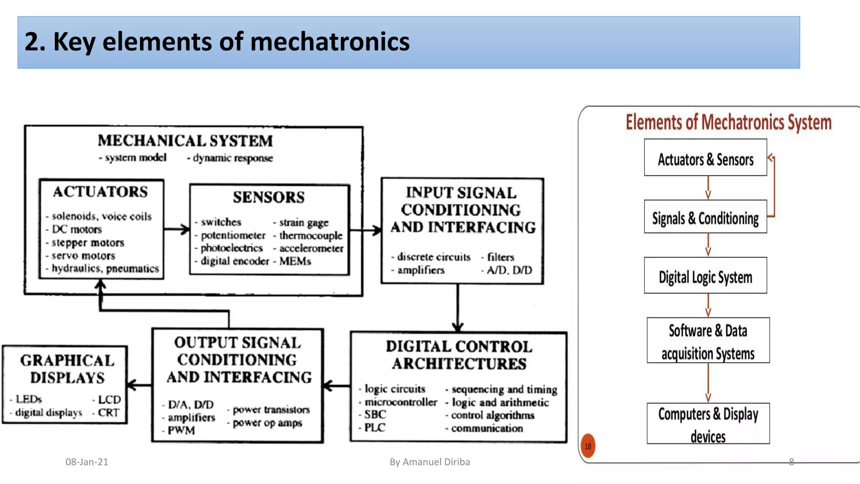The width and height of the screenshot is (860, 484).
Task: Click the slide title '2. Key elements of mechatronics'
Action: pos(217,42)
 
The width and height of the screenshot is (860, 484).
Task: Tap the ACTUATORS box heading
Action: pos(100,192)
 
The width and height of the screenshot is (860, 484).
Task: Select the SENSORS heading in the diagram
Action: pos(269,197)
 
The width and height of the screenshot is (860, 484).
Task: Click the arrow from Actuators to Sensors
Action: pos(177,229)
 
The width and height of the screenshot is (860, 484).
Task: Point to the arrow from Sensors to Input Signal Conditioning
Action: pos(366,230)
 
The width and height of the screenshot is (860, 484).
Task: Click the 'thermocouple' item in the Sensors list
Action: pos(311,235)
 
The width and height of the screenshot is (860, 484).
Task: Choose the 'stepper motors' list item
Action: pos(88,242)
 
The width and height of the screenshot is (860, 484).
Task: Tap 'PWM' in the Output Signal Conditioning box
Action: pos(181,430)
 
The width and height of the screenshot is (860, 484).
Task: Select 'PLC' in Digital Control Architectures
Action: pos(375,427)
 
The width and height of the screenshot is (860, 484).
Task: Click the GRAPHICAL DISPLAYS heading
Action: pos(67,369)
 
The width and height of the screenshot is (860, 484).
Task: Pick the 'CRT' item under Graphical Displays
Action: pos(108,413)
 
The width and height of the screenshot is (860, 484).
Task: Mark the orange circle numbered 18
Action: pos(588,446)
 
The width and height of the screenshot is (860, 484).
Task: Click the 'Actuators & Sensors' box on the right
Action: pos(705,159)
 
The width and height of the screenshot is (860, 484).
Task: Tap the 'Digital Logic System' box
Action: pos(705,277)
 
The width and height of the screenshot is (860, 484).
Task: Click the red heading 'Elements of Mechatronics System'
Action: pos(729,122)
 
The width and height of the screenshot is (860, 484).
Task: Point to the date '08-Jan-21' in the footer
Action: pos(87,462)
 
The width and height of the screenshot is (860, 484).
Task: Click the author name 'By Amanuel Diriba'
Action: pos(430,462)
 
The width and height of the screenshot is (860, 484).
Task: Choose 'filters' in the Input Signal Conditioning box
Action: pos(501,257)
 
